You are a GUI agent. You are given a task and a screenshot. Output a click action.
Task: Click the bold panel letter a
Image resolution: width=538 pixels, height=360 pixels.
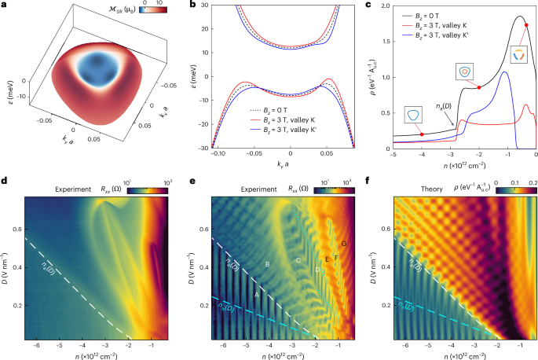(x=4, y=6)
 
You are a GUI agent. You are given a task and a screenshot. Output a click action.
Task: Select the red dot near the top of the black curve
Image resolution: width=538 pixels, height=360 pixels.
(x=526, y=25)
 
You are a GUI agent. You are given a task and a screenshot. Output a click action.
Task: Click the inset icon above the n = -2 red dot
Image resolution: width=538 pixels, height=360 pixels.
(x=464, y=71)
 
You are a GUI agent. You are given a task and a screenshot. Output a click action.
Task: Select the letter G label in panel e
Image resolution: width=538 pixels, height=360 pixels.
(x=344, y=244)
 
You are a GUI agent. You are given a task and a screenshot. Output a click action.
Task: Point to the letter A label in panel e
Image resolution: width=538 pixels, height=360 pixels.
(x=256, y=294)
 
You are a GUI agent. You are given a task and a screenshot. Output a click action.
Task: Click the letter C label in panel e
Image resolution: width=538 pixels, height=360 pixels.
(x=298, y=260)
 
